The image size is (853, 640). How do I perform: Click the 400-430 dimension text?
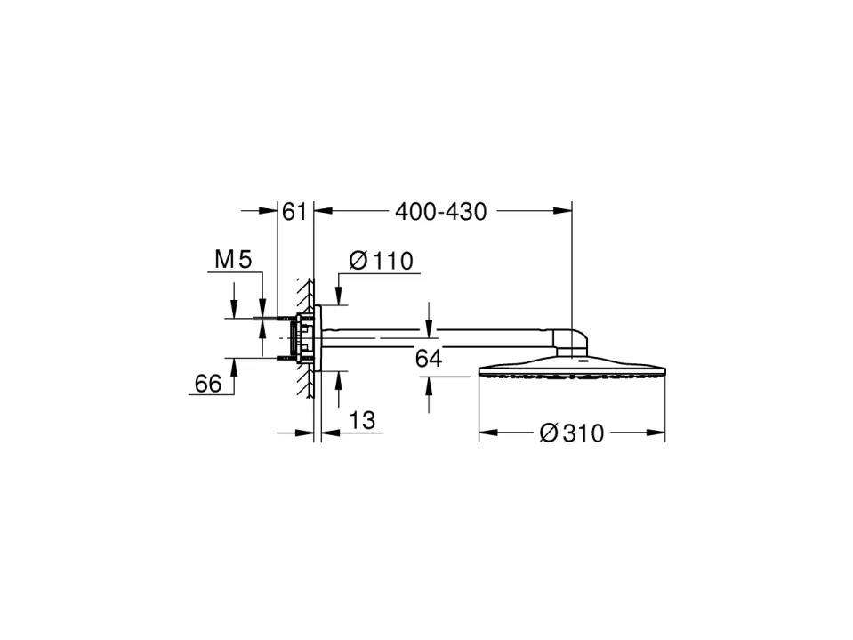pyautogui.click(x=440, y=212)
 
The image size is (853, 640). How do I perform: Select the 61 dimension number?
pyautogui.click(x=294, y=212)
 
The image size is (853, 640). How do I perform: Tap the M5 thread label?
pyautogui.click(x=233, y=260)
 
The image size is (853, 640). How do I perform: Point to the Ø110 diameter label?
pyautogui.click(x=381, y=261)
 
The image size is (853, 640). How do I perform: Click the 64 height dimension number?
pyautogui.click(x=429, y=359)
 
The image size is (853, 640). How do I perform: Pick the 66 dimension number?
pyautogui.click(x=208, y=384)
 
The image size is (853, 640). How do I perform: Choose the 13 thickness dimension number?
pyautogui.click(x=362, y=421)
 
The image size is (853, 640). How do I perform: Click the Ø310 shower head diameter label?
pyautogui.click(x=572, y=433)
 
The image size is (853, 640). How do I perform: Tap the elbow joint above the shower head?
pyautogui.click(x=572, y=343)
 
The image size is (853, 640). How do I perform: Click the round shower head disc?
pyautogui.click(x=572, y=368)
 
